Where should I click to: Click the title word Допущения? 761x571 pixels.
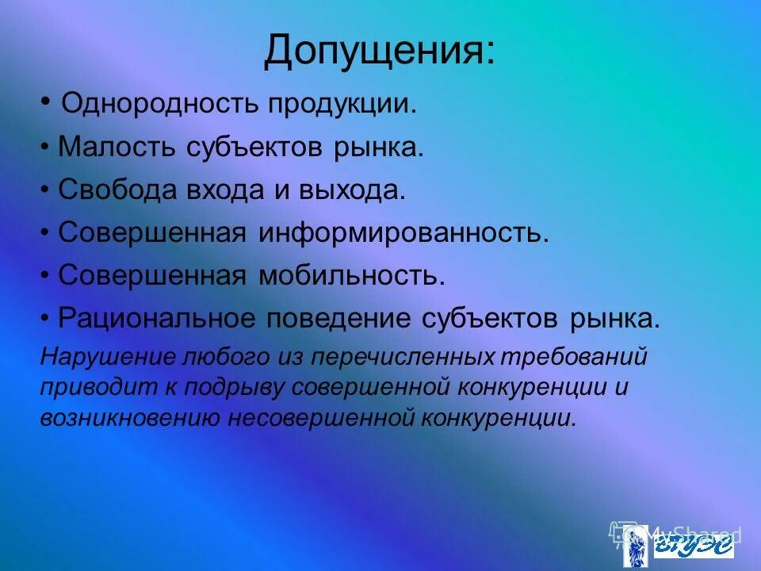(x=380, y=51)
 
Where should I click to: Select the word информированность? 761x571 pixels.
(x=401, y=233)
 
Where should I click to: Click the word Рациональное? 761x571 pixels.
(x=159, y=319)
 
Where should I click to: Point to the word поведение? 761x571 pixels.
(x=332, y=319)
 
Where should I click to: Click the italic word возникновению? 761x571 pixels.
(x=130, y=418)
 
